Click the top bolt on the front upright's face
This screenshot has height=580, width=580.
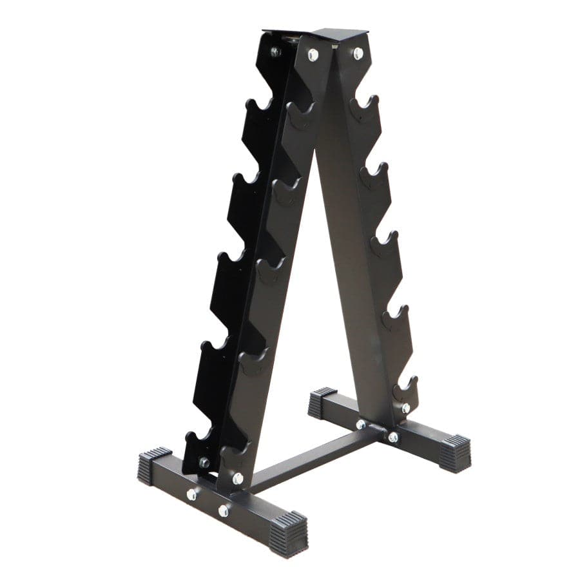click(x=313, y=55)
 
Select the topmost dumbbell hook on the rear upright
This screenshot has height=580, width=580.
click(x=365, y=105)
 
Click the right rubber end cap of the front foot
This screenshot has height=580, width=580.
click(x=288, y=530)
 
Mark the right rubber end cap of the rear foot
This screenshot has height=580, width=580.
click(x=455, y=452)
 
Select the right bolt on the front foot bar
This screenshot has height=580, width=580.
click(x=224, y=510)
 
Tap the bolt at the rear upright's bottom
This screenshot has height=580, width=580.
click(x=405, y=408)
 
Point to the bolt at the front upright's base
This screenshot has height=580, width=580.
click(x=238, y=478)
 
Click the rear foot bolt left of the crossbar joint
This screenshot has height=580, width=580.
click(x=361, y=424)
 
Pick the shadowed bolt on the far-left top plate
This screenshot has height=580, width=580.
click(x=275, y=52)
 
